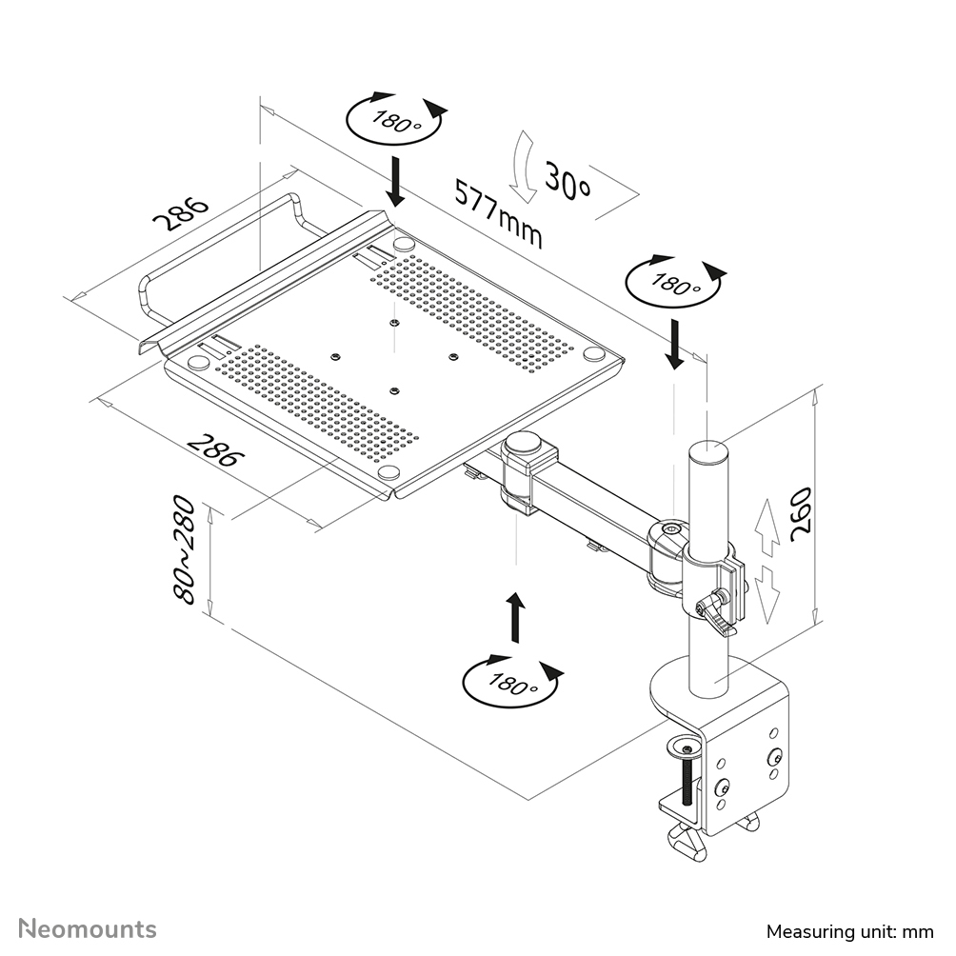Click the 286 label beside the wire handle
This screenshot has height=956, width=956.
pos(181,214)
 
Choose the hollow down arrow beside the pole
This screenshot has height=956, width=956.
pos(769,591)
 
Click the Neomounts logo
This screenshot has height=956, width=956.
pos(88,928)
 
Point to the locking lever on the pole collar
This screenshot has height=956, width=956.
pos(716,613)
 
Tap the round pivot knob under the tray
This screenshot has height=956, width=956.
pos(523,444)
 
